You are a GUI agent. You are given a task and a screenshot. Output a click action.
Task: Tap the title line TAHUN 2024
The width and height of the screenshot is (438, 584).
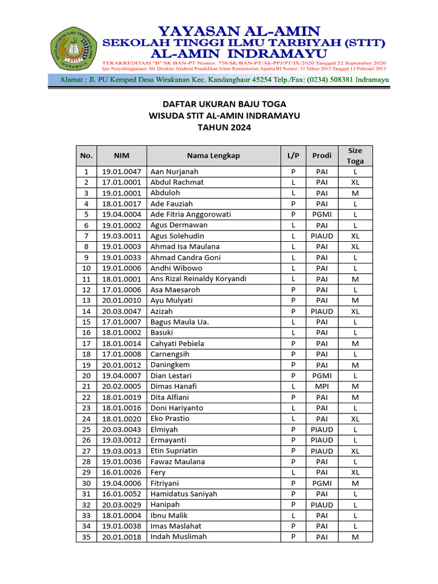tap(224, 127)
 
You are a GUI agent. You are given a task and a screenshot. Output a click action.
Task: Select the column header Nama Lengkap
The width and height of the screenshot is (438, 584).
tap(213, 156)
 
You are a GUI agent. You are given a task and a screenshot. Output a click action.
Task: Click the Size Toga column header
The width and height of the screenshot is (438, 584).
tap(355, 156)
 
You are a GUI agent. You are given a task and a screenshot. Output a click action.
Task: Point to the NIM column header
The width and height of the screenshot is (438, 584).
tap(121, 156)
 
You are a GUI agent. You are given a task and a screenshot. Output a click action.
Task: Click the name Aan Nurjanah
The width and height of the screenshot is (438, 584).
tap(175, 172)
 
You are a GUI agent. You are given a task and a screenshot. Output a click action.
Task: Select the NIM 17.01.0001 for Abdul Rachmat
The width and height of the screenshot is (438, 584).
tap(121, 182)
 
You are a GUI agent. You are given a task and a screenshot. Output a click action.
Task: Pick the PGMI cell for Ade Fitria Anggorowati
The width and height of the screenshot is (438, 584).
tap(322, 214)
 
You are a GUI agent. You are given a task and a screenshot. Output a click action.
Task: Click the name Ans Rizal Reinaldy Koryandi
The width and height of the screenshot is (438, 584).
tap(198, 279)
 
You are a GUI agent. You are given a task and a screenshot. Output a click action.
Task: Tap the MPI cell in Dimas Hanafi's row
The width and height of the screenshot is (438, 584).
tap(322, 387)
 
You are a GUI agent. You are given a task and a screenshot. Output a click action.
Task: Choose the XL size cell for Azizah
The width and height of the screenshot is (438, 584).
tap(355, 311)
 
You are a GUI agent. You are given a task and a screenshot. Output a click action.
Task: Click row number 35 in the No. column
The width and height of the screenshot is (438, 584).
tap(86, 537)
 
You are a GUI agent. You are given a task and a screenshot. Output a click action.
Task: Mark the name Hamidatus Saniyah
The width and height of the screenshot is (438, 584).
tap(184, 494)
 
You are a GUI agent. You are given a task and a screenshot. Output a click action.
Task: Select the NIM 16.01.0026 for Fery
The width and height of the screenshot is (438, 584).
tap(121, 473)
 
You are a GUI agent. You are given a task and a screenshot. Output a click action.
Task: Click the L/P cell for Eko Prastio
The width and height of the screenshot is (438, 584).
tap(293, 419)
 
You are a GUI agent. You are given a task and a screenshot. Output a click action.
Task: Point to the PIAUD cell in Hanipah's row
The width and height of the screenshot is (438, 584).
tap(322, 505)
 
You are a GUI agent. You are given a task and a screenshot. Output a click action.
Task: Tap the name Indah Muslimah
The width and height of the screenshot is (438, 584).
tap(179, 537)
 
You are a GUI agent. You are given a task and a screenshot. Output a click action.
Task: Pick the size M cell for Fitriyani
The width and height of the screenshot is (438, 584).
tap(355, 483)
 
